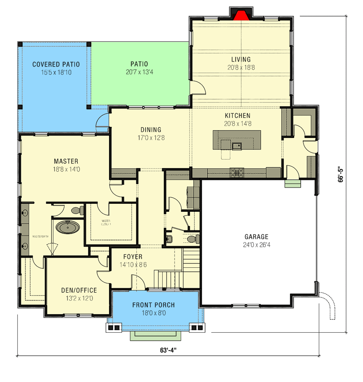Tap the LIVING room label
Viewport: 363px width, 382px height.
coord(241,59)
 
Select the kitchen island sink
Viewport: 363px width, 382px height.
coord(236,146)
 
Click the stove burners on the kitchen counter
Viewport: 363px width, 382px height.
coord(236,172)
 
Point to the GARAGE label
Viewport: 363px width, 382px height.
coord(256,236)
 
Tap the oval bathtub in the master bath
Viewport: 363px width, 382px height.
coord(68,227)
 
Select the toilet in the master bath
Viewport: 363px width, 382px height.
coord(77,210)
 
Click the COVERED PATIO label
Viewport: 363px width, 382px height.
coord(56,65)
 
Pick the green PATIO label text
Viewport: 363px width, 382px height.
coord(139,65)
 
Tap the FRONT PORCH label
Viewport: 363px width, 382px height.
coord(153,305)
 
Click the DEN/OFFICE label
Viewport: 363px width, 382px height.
coord(79,290)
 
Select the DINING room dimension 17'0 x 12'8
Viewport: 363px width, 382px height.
coord(151,138)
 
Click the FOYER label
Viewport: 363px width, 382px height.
coord(133,257)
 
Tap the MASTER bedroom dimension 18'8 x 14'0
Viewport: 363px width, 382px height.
coord(66,169)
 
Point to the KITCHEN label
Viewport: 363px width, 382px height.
coord(237,115)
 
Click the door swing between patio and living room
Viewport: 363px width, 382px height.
coord(198,88)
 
